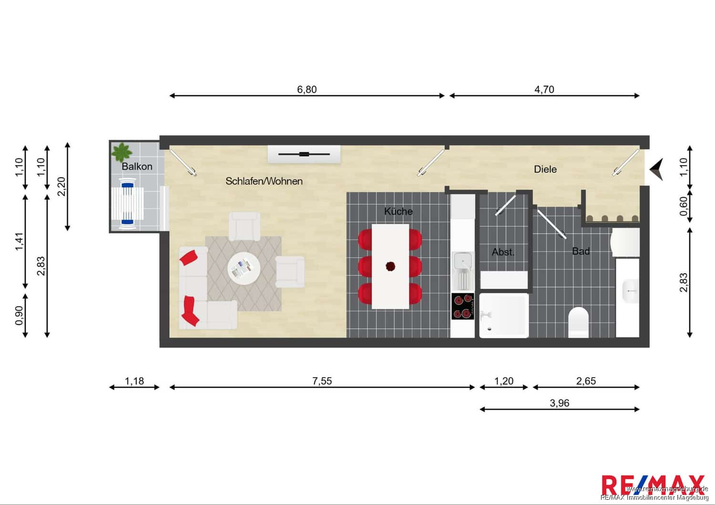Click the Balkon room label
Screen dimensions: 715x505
(x=137, y=166)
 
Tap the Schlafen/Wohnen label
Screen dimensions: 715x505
(x=264, y=181)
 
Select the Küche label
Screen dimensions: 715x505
(x=398, y=211)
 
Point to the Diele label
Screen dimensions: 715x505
(x=545, y=169)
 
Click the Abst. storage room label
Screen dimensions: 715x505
(x=503, y=252)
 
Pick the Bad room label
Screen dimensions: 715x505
(x=581, y=251)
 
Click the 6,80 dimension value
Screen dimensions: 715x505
(x=307, y=89)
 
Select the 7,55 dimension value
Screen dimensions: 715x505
(x=322, y=381)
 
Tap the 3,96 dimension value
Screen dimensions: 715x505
(x=559, y=403)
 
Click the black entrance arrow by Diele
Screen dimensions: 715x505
(x=656, y=169)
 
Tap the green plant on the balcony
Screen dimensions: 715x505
(x=121, y=152)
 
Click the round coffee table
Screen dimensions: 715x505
(x=244, y=268)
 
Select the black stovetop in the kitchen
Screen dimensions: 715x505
(x=462, y=306)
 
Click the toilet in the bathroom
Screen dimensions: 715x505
(x=578, y=322)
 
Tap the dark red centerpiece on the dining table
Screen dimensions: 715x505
(x=390, y=266)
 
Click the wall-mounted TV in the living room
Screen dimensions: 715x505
(x=304, y=154)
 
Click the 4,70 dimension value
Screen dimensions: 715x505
(x=544, y=89)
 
